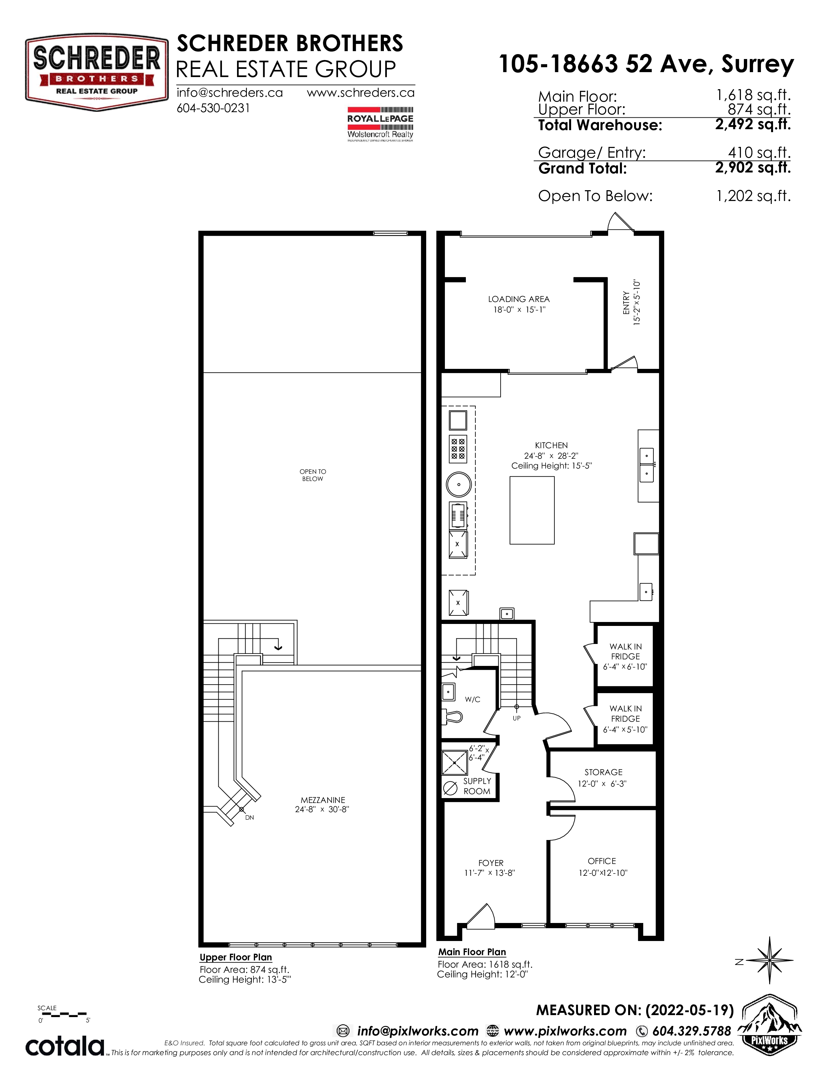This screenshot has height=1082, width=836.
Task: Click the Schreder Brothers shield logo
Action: (x=97, y=72)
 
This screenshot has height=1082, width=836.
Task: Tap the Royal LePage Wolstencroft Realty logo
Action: (x=380, y=124)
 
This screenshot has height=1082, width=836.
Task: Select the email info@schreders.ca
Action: (x=230, y=93)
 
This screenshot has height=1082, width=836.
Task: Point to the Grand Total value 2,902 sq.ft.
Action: (x=753, y=168)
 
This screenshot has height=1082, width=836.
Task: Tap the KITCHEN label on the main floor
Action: (x=551, y=445)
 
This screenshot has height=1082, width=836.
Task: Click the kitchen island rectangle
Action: (x=532, y=510)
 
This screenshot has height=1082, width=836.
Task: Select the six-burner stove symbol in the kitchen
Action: (x=458, y=448)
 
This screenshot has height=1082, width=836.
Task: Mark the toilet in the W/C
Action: (x=452, y=716)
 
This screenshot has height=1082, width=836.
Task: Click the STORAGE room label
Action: (x=603, y=772)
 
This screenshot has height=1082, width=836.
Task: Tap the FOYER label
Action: (x=491, y=863)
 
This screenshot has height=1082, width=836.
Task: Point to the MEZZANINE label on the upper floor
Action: (x=323, y=800)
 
